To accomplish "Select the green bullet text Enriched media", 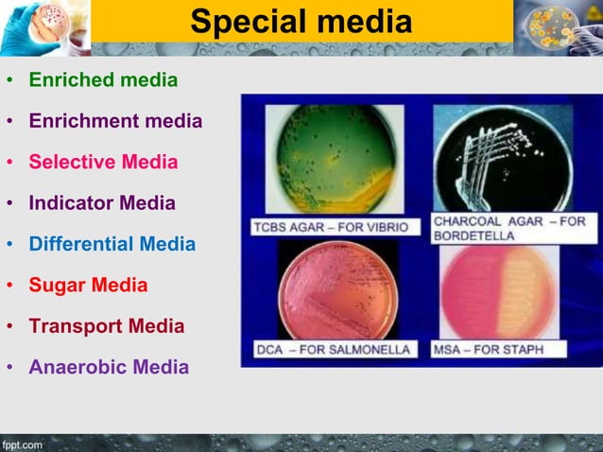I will (103, 79).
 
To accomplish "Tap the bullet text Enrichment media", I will (115, 121).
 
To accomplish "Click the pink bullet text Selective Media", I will (103, 162).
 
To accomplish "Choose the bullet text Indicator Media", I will (102, 202).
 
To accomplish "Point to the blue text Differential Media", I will (112, 244).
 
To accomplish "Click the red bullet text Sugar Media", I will (88, 285).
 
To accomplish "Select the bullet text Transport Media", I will (107, 326).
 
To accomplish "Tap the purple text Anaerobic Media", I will (109, 367).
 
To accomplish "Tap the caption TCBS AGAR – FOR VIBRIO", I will (331, 227).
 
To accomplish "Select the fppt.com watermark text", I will (23, 444).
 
